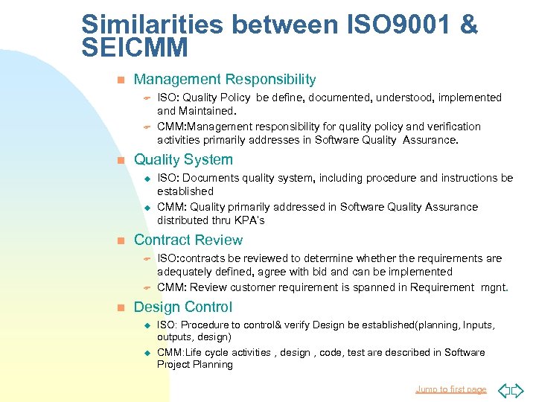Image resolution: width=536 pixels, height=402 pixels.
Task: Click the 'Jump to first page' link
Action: point(450,389)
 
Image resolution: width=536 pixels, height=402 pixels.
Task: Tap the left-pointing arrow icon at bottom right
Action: point(502,389)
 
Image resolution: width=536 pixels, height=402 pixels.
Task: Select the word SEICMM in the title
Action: point(135,48)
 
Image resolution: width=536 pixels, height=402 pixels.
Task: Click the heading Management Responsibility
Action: point(225,80)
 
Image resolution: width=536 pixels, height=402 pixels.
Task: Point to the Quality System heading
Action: point(183,160)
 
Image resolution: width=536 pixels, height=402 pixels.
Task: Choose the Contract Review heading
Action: point(188,240)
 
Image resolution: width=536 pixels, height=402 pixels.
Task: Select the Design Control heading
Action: point(183,307)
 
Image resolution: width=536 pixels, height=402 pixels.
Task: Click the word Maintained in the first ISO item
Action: point(208,111)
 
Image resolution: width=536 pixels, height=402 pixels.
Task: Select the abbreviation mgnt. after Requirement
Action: point(494,287)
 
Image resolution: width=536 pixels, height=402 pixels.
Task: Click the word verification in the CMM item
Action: point(453,127)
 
